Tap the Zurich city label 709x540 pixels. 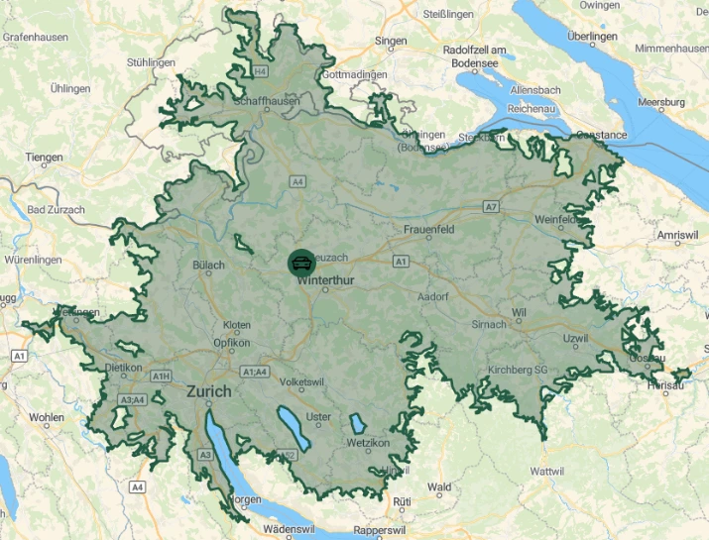[x=209, y=391]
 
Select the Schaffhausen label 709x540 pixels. [x=267, y=101]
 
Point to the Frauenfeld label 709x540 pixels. [x=428, y=229]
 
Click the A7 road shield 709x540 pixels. [x=492, y=206]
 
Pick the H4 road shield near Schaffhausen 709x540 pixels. [x=260, y=71]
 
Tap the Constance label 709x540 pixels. [x=602, y=135]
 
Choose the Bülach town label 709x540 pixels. [x=209, y=265]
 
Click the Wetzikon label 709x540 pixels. [x=368, y=443]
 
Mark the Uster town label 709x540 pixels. [x=318, y=417]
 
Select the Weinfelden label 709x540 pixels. [x=556, y=219]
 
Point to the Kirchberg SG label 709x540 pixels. [x=518, y=370]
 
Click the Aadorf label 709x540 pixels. [x=433, y=296]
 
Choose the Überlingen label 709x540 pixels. [x=593, y=37]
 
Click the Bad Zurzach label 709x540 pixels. [x=57, y=210]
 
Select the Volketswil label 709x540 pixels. [x=302, y=380]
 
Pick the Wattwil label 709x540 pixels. [x=547, y=471]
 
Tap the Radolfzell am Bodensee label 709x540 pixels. [x=475, y=56]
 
